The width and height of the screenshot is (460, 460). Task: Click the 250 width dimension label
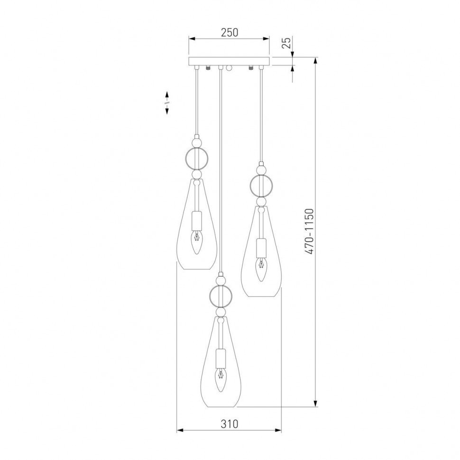click(x=230, y=33)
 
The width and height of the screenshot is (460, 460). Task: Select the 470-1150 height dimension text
click(x=309, y=231)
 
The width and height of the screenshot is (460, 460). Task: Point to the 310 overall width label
click(x=230, y=423)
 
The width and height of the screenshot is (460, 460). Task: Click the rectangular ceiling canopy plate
click(x=229, y=61)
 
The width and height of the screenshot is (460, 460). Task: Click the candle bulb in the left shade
click(x=197, y=242)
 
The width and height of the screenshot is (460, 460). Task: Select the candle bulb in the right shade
click(x=261, y=269)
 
